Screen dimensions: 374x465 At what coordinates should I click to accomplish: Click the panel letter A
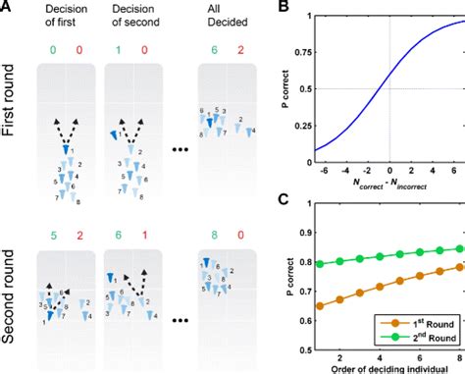8,8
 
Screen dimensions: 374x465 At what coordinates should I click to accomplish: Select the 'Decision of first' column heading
65,19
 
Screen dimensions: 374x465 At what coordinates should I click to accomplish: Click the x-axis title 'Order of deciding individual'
389,367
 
